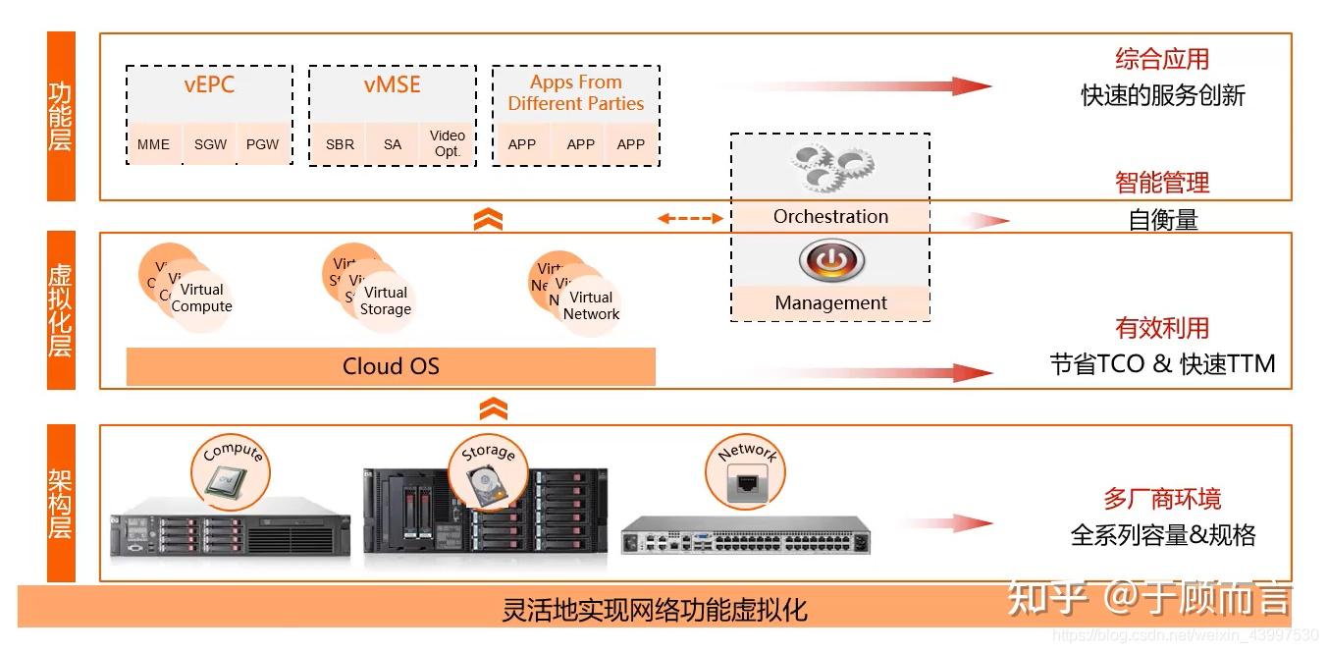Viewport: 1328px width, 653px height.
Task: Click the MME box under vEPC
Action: coord(153,144)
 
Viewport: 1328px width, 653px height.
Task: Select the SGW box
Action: coord(210,144)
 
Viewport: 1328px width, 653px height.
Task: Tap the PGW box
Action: coord(263,144)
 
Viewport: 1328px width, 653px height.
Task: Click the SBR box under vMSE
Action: coord(340,144)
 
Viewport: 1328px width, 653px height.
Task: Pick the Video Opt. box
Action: coord(448,143)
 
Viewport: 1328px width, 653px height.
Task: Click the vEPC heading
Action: coord(209,84)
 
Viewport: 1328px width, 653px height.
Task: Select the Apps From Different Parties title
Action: coord(576,93)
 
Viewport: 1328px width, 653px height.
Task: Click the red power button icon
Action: coord(831,261)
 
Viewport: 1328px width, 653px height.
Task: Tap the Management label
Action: coord(830,303)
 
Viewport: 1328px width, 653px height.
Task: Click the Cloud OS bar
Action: coord(391,366)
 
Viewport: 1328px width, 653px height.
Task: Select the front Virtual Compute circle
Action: coord(202,299)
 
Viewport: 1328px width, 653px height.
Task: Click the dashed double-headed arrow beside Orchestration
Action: coord(690,218)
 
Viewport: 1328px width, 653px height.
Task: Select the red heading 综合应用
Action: coord(1162,59)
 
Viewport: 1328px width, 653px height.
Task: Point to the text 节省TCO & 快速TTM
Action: coord(1162,364)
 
